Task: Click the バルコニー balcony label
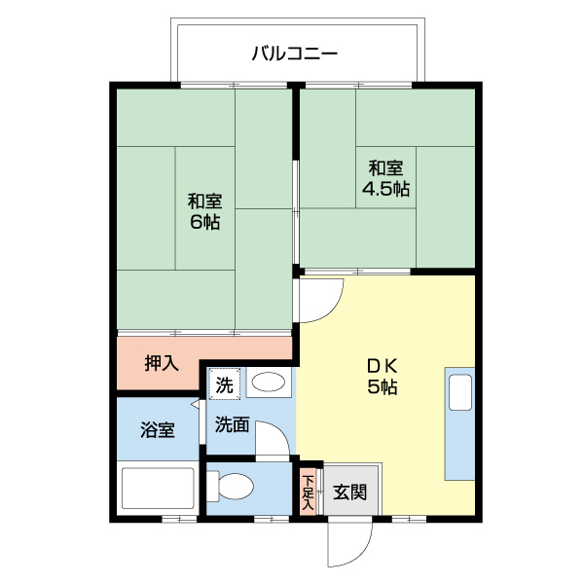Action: (294, 53)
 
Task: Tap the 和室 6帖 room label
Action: (204, 211)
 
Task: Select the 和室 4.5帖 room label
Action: (385, 177)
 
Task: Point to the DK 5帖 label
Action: (382, 376)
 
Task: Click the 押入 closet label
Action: (162, 364)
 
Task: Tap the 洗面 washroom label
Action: (233, 424)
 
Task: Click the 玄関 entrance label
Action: (350, 493)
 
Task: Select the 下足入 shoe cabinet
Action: (309, 491)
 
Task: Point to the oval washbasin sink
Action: (267, 383)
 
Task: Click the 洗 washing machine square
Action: (225, 383)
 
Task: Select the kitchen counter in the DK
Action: (459, 423)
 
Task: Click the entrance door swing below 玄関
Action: (348, 540)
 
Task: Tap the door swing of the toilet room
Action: (274, 444)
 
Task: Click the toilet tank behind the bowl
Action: (215, 486)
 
